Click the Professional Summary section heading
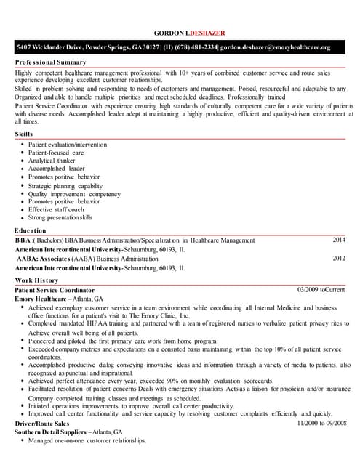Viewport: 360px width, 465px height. tap(50, 62)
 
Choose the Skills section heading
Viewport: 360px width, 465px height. tap(23, 134)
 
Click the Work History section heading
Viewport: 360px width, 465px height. tap(36, 280)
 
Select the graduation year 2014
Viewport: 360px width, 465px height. tap(339, 240)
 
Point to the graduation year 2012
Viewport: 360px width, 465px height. tap(339, 258)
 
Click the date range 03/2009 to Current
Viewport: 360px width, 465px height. tap(321, 290)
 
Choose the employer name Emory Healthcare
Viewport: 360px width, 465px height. tap(40, 299)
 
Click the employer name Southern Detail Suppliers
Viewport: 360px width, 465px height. tap(52, 432)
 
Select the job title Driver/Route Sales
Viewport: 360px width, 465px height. tap(42, 423)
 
